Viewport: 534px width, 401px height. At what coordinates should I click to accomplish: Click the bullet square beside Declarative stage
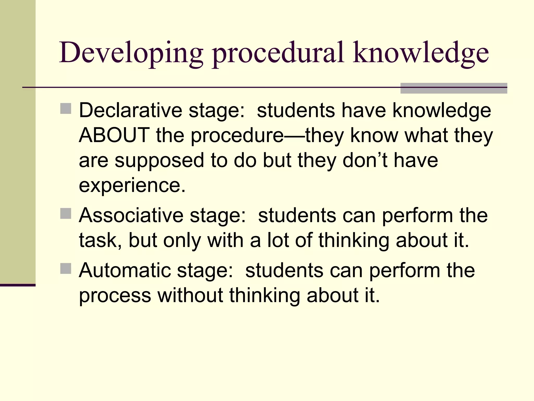click(x=66, y=109)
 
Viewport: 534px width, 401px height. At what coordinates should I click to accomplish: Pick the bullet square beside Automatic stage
click(x=66, y=269)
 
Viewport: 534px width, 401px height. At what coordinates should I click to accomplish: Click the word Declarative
click(x=130, y=110)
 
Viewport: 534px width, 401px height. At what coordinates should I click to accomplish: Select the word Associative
click(x=131, y=215)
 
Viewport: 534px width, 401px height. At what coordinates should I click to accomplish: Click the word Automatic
click(x=125, y=270)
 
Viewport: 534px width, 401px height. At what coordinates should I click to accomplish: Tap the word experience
click(x=132, y=185)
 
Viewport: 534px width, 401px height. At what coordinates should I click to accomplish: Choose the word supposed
click(x=160, y=161)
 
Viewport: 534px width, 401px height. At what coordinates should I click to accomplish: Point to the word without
click(x=190, y=296)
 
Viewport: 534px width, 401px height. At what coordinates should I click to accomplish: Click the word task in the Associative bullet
click(x=99, y=240)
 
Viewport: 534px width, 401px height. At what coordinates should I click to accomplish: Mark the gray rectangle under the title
click(x=454, y=88)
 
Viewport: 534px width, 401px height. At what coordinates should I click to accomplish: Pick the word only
click(x=182, y=241)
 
